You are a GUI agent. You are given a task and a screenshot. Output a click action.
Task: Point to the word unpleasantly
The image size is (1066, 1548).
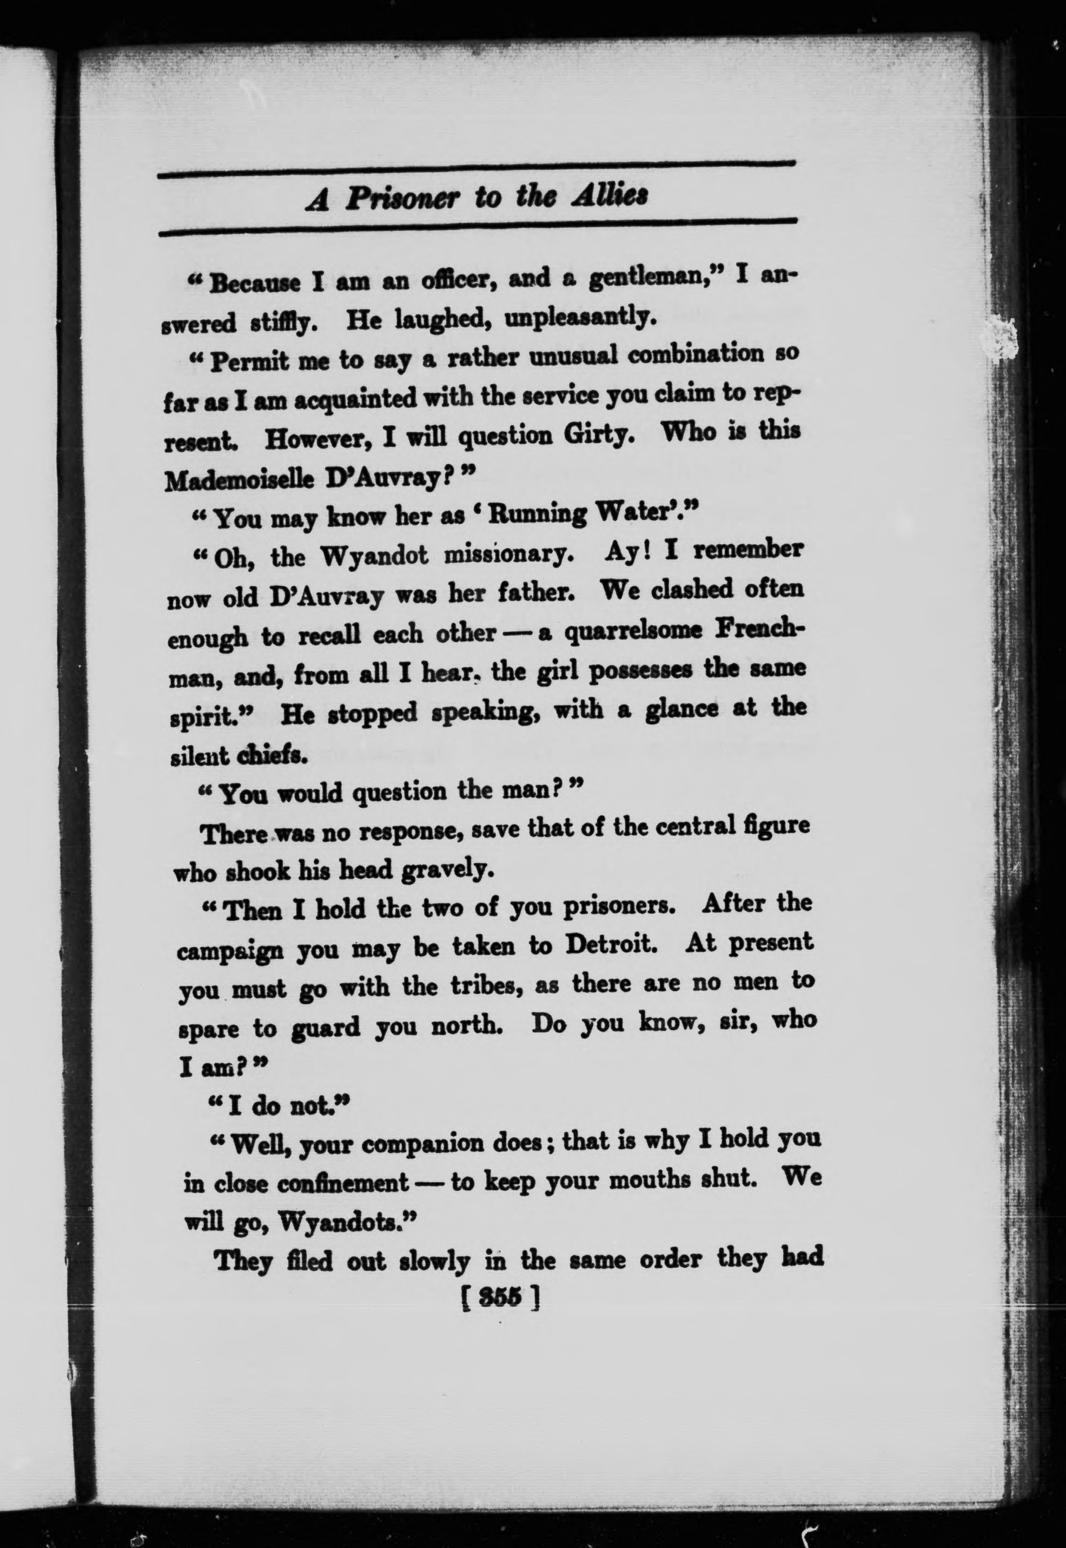pyautogui.click(x=577, y=318)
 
